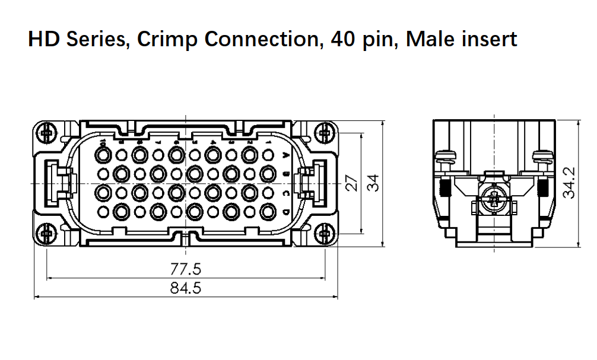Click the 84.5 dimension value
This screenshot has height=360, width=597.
(186, 288)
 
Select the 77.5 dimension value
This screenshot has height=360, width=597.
(186, 269)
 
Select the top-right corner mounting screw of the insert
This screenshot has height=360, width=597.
(323, 133)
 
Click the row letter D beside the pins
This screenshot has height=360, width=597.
(287, 212)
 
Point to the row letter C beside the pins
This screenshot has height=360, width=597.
(287, 193)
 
